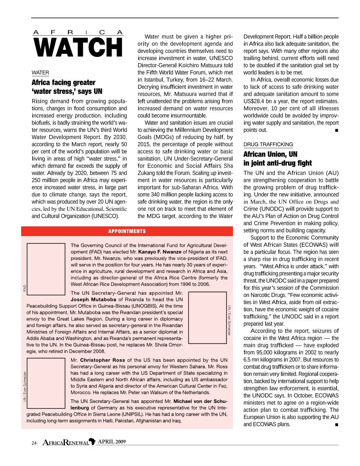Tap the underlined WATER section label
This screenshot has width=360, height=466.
tap(40, 72)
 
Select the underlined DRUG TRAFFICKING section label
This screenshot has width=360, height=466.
tap(268, 144)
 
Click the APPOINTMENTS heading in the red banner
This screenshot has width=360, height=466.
tap(127, 231)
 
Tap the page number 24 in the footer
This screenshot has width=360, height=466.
tap(34, 443)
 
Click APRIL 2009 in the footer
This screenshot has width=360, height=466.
tap(113, 442)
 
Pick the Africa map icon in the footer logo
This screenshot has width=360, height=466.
tap(92, 442)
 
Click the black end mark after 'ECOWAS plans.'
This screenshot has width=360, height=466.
tap(337, 425)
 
